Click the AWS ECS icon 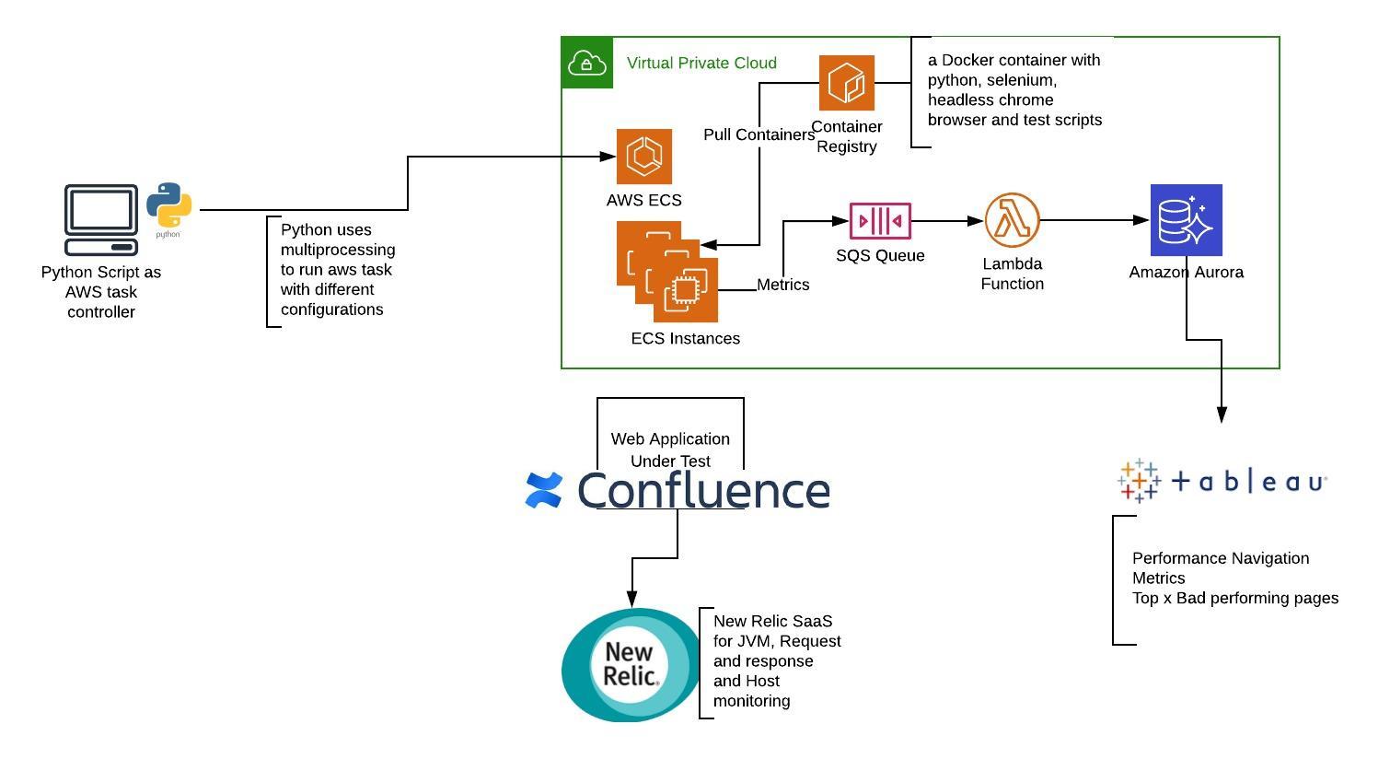644,156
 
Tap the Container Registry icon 847,83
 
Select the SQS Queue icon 880,221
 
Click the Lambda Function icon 1012,220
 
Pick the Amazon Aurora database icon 1186,220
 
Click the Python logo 169,206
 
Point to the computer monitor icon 101,219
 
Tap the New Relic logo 631,664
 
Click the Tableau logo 1221,481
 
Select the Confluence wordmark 703,490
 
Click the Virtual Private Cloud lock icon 586,63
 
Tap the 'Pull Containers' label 759,134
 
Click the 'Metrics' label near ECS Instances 782,285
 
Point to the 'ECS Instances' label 685,338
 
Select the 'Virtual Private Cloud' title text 701,63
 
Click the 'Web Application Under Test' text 670,450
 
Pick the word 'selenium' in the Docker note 1020,80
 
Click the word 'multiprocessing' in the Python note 338,250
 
